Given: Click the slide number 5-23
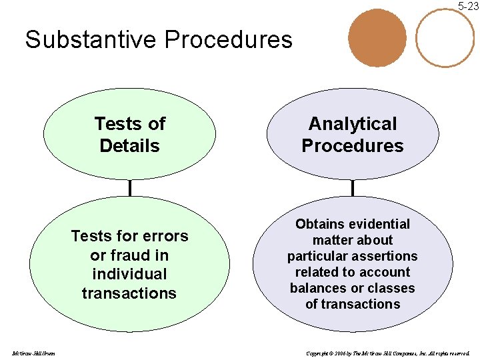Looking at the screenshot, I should pos(468,7).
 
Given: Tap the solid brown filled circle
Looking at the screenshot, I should pos(377,38).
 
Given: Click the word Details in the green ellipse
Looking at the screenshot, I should pos(129,145).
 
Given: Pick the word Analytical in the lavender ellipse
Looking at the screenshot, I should pos(353,124).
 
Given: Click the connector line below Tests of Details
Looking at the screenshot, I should pos(130,189).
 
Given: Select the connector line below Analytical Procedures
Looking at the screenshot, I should pos(353,189).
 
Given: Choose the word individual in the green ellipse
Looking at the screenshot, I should pos(129,274).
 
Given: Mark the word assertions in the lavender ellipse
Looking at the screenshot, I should pos(387,256).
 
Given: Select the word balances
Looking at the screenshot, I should pos(315,288).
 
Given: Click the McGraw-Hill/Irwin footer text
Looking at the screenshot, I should pos(33,353).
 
